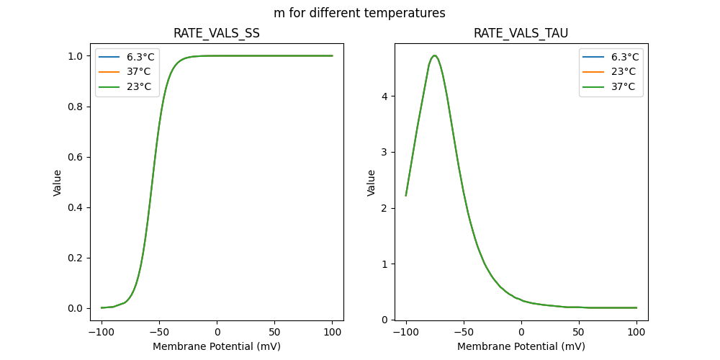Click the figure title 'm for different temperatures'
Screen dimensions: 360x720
click(359, 13)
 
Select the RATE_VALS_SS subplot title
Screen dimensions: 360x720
click(217, 34)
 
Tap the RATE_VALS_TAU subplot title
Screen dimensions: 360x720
click(521, 34)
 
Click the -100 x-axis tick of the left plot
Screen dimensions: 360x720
click(102, 332)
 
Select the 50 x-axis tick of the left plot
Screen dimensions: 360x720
click(274, 332)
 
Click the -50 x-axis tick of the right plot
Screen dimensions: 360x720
click(464, 332)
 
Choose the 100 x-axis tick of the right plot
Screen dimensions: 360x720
click(636, 332)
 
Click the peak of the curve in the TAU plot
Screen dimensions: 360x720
click(434, 55)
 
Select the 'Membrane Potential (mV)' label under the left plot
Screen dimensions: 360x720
click(217, 346)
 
